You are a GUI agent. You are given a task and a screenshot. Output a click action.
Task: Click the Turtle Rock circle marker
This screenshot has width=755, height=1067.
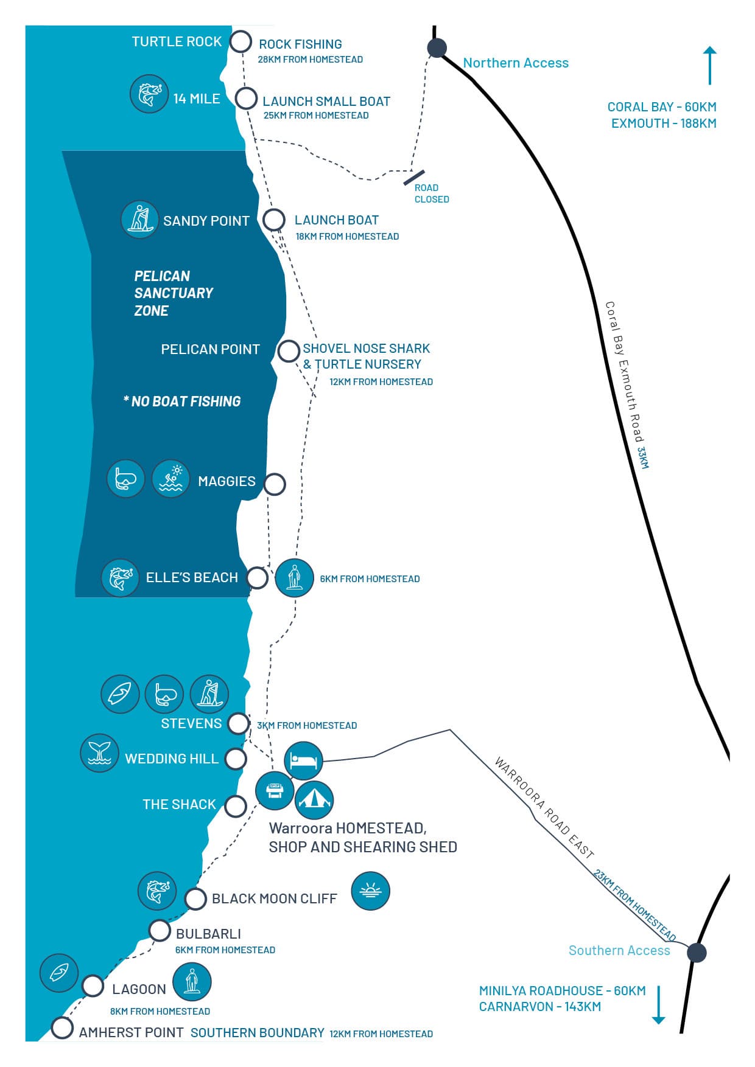tap(241, 42)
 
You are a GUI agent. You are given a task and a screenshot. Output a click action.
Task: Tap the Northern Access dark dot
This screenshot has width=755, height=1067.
tap(437, 47)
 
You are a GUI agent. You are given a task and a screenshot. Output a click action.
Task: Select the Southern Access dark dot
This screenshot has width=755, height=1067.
tap(697, 953)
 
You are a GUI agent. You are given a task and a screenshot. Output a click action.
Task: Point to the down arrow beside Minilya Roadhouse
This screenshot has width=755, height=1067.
tap(658, 1004)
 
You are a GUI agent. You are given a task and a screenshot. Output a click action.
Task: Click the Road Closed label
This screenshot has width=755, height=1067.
tap(431, 193)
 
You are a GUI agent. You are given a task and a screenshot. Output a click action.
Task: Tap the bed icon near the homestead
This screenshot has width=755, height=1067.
tap(303, 760)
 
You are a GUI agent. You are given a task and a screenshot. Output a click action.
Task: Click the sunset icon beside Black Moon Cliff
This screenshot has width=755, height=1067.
tap(370, 891)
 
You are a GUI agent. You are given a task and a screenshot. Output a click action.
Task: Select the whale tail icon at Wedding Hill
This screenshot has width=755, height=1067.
tap(99, 753)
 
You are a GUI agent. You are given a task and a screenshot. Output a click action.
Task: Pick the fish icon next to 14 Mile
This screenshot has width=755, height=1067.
tap(149, 94)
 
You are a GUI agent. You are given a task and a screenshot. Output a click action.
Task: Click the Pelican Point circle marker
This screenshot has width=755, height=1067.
tap(288, 351)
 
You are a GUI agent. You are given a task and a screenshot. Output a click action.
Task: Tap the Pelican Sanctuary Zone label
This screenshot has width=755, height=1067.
tap(173, 293)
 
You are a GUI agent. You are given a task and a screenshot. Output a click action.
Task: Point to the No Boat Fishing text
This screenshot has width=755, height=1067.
tap(183, 401)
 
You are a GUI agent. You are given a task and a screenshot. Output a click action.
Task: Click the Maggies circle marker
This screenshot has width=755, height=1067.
tap(275, 484)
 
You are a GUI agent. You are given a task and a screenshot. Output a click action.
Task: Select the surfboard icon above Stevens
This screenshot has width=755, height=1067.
tap(120, 693)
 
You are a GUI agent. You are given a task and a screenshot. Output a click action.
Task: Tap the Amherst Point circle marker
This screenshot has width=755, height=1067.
tap(61, 1027)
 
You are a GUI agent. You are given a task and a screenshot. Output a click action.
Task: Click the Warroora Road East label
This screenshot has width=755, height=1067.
tap(544, 807)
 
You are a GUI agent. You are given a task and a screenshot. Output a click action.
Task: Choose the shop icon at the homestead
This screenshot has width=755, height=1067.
tap(275, 791)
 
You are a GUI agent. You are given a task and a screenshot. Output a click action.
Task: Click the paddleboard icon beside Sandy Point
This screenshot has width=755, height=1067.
tap(140, 219)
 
